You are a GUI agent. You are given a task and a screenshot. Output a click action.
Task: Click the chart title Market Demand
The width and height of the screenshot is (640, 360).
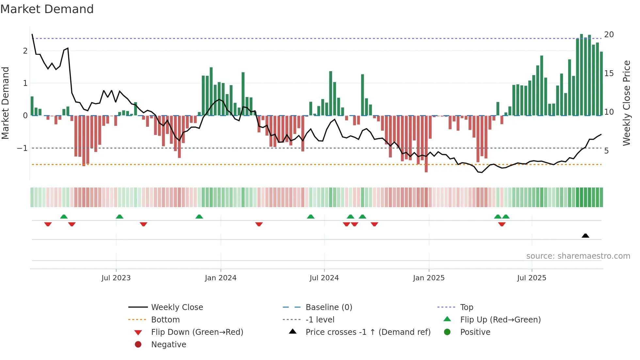point(47,9)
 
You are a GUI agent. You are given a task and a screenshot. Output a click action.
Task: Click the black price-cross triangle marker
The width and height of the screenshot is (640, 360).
point(585,236)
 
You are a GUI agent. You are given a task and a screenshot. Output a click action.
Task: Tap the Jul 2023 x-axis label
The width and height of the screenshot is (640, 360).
point(116,278)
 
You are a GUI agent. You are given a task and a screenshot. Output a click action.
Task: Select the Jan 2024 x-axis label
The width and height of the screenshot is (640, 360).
point(220,278)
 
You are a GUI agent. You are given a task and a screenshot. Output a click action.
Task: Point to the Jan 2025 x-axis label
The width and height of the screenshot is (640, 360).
point(428,278)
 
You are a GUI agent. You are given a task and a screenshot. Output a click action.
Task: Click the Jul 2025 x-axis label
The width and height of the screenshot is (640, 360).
point(532,278)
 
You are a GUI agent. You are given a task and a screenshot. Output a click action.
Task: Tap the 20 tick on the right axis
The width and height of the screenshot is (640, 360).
point(609,35)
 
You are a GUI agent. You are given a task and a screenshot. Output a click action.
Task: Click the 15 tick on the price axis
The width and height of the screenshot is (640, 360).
point(609,73)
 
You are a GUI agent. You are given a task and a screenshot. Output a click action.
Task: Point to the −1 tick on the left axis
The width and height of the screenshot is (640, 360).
point(22,148)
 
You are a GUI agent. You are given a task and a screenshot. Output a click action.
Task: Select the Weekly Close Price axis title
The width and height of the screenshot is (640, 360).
point(626,103)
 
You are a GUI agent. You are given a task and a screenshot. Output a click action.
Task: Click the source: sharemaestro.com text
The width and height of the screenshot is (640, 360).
point(578,256)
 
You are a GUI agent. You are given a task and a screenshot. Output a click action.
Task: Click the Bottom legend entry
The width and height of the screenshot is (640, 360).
point(165,320)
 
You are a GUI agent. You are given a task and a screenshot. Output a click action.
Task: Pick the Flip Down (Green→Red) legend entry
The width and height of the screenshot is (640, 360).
point(197,332)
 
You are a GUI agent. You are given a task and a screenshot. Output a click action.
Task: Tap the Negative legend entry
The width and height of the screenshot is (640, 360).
point(168,345)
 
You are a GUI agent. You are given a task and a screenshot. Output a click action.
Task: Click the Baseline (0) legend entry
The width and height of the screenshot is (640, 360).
point(328,307)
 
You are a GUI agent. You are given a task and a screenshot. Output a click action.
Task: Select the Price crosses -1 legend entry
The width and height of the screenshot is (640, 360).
point(368,332)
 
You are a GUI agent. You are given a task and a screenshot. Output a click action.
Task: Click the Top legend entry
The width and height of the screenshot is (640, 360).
point(466,307)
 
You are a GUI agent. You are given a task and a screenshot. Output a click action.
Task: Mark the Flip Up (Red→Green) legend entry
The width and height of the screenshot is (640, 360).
point(500,320)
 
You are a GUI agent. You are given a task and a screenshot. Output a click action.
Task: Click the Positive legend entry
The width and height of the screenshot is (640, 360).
point(475,332)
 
